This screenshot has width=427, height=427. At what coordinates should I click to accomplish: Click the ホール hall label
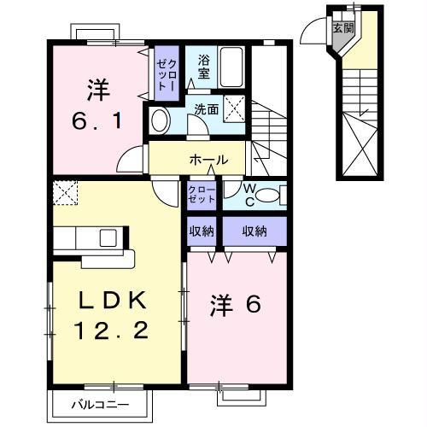coord(208,159)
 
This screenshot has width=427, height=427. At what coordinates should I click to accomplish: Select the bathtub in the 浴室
coord(232,65)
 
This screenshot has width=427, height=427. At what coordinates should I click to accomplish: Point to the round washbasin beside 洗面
coord(160,118)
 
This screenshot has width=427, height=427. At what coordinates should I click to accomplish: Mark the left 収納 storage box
coord(202,230)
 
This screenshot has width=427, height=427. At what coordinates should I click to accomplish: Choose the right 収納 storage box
coord(254,230)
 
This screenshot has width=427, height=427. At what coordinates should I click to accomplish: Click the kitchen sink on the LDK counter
coord(110,236)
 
